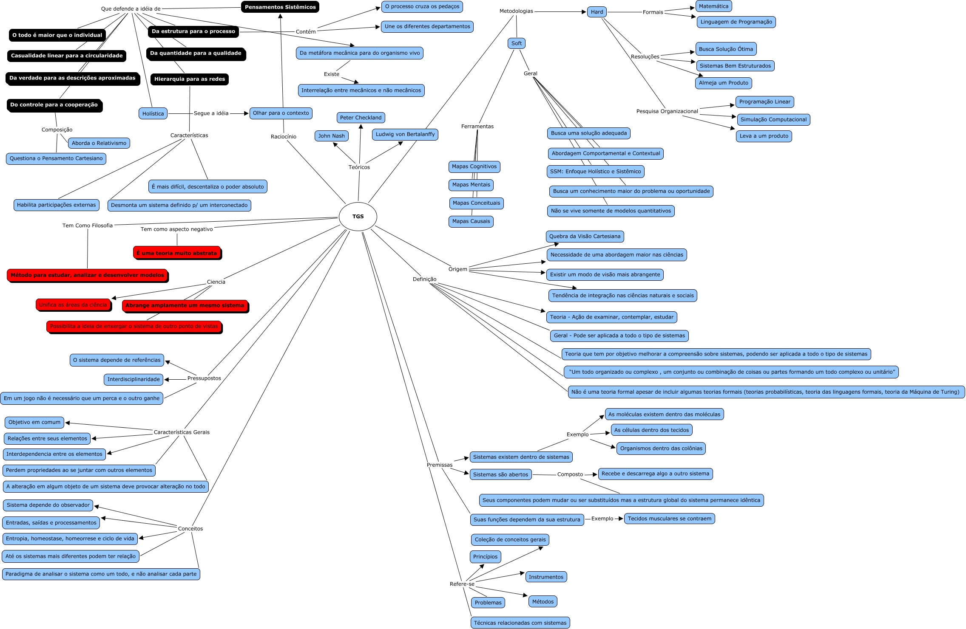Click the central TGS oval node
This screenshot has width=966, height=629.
(x=358, y=217)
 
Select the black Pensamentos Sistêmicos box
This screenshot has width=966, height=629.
(x=280, y=7)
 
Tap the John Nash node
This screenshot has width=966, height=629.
(x=331, y=136)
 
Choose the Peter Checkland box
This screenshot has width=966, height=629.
(x=361, y=118)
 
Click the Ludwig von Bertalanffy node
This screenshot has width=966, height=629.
(x=405, y=135)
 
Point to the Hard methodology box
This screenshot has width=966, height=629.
(x=597, y=12)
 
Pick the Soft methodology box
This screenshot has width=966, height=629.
(x=516, y=43)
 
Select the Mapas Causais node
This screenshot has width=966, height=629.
(x=471, y=221)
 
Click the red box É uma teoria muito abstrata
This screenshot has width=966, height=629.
(x=177, y=253)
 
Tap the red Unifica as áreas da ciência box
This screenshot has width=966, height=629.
(x=73, y=305)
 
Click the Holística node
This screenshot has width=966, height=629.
(x=153, y=114)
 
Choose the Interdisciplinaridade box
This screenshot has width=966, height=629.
(x=134, y=379)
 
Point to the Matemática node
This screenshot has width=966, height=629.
(x=713, y=6)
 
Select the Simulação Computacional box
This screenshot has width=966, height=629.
(x=773, y=120)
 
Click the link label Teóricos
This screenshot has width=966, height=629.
(x=359, y=167)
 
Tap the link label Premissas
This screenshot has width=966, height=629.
(x=439, y=465)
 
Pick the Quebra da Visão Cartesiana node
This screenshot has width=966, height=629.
(x=585, y=237)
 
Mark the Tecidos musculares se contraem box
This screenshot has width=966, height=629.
(x=669, y=519)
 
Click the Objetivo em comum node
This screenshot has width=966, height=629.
(x=34, y=423)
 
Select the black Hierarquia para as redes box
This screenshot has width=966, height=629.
(x=189, y=79)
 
